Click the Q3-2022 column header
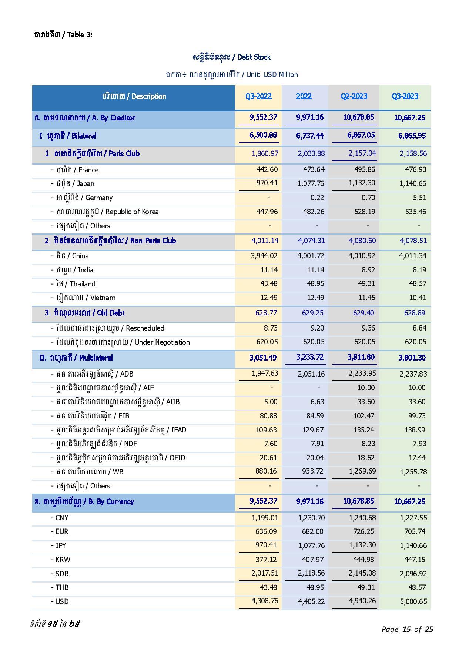coord(258,96)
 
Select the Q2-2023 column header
coord(354,96)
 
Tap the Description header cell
coord(134,96)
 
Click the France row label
coord(75,170)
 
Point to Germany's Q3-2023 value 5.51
coord(419,198)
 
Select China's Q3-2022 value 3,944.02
coord(264,256)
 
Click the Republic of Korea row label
coord(105,212)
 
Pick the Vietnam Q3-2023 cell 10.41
coord(418,298)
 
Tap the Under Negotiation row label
coord(121,342)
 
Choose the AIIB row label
coord(115,402)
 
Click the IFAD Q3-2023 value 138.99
coord(417,430)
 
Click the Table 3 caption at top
coord(63,35)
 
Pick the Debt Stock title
coord(232,57)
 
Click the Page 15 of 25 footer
coord(407,629)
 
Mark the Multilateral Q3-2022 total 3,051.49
coord(263,358)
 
